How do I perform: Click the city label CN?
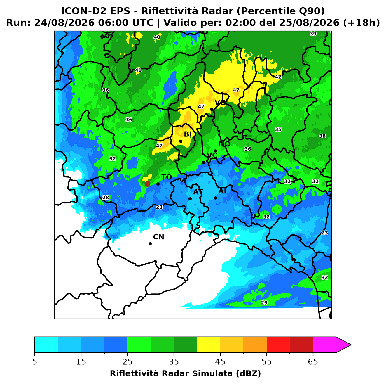point(158,237)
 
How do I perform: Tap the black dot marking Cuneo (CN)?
point(150,244)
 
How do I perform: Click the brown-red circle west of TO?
point(147,184)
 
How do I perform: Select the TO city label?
point(166,177)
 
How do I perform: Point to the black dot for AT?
point(190,199)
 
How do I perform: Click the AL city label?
point(223,191)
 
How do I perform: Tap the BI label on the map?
point(188,134)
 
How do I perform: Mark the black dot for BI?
point(181,141)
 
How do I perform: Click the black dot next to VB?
point(212,109)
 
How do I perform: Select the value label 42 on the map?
point(278,77)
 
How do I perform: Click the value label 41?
point(138,70)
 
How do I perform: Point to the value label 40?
point(157,37)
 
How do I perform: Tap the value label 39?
point(313,34)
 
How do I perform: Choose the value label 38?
point(322,136)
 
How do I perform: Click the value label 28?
point(106,198)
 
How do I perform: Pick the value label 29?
point(264,302)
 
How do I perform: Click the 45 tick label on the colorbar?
point(220,362)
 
